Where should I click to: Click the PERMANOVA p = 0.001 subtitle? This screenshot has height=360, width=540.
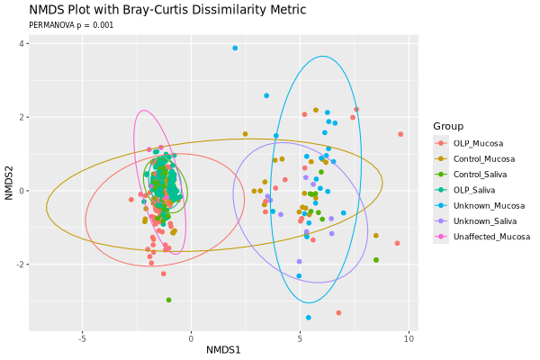(72, 26)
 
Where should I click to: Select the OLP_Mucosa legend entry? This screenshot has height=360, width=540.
(478, 143)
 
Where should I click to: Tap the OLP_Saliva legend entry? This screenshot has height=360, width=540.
(475, 190)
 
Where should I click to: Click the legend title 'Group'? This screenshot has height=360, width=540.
(447, 125)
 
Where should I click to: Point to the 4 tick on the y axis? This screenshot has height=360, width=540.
(21, 43)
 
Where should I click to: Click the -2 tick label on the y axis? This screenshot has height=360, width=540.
(19, 265)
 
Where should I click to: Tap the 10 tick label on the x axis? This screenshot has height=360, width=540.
(409, 339)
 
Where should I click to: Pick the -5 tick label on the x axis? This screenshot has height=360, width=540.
(81, 339)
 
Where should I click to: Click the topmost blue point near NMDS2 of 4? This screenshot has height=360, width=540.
(235, 48)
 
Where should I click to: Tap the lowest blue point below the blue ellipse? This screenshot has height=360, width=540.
(308, 317)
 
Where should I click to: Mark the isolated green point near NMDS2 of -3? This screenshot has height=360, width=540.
(168, 300)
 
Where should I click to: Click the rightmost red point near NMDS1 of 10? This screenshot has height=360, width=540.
(400, 134)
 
